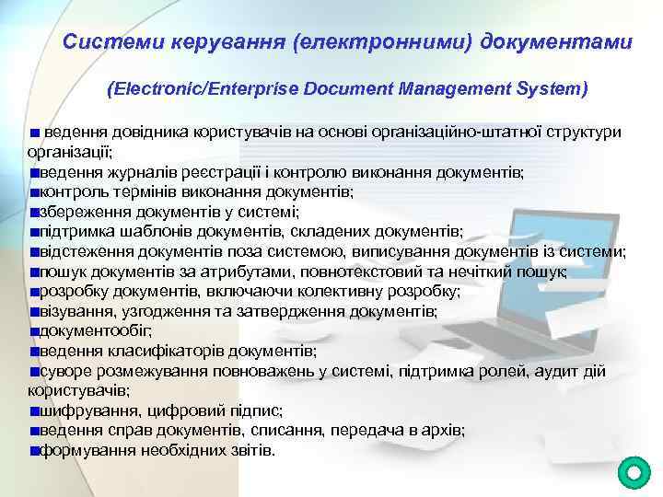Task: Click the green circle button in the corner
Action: coord(633,473)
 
